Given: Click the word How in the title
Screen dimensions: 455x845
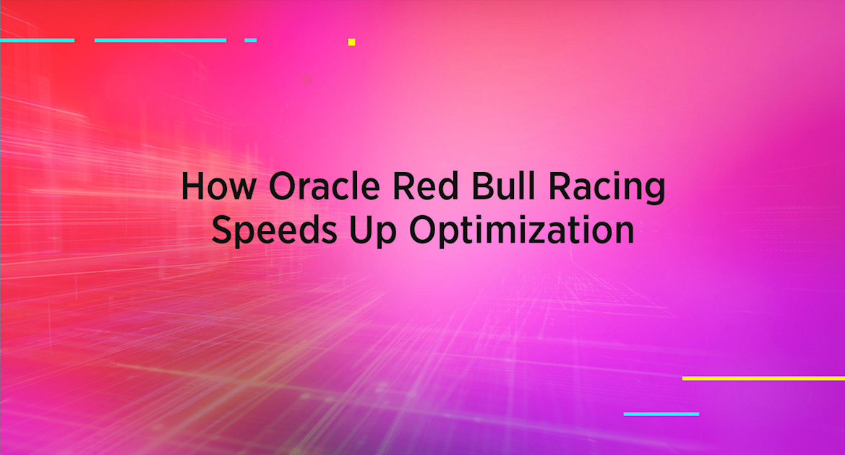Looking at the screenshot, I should click(x=218, y=186).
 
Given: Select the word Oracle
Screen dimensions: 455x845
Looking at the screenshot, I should click(x=322, y=186).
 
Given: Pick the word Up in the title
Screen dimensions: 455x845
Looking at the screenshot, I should click(x=369, y=232).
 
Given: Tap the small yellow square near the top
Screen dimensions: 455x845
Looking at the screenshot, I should click(x=351, y=42).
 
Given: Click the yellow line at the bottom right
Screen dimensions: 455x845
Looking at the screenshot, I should click(x=763, y=378).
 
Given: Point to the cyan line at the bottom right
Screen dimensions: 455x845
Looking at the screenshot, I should click(x=661, y=414).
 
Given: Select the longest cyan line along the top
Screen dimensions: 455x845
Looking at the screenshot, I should click(x=160, y=40).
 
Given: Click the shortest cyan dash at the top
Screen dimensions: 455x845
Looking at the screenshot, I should click(x=250, y=40).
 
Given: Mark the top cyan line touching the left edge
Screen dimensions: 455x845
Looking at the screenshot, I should click(x=37, y=40).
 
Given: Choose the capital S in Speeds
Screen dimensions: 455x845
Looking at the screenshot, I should click(x=224, y=230).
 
